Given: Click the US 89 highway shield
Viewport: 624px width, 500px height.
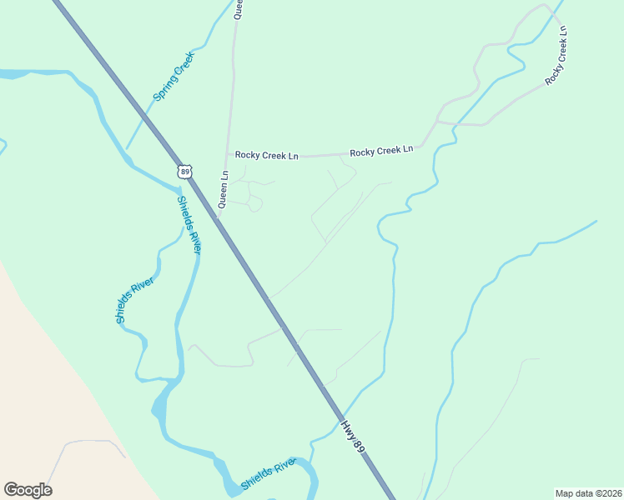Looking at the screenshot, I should click(x=185, y=171).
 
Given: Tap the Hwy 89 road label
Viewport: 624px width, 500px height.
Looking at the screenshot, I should click(x=354, y=437).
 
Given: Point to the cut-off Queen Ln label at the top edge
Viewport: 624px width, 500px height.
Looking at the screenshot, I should click(x=238, y=9).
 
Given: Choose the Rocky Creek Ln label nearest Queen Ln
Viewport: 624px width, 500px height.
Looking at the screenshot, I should click(x=266, y=155).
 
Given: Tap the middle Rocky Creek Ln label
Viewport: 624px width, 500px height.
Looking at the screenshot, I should click(x=381, y=151).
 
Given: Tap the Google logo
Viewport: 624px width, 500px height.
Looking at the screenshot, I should click(x=28, y=490).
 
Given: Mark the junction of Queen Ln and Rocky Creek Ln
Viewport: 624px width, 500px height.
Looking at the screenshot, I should click(x=226, y=155).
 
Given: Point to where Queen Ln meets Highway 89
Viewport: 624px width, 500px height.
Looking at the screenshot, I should click(x=217, y=218).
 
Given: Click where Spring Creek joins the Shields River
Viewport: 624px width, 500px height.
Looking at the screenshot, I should click(x=127, y=151).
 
